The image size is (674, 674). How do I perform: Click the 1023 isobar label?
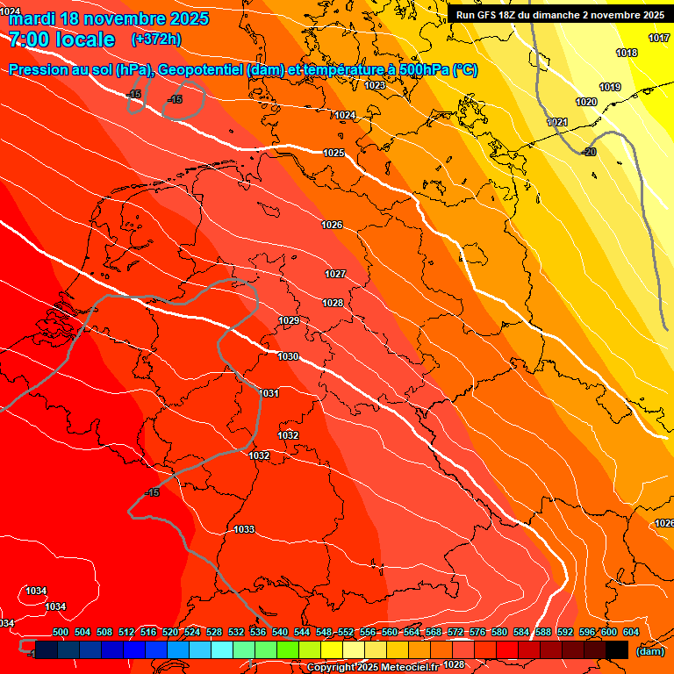[375, 85]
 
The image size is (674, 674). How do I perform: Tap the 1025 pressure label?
[333, 153]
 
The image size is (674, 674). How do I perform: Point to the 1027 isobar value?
[335, 274]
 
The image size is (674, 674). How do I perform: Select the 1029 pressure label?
[289, 320]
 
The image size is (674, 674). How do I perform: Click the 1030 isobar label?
[288, 356]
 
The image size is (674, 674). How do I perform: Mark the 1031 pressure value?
[269, 393]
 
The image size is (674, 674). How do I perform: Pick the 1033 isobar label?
[244, 529]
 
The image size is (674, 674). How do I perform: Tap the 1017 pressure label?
[659, 38]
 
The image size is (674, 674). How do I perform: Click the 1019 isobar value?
[610, 87]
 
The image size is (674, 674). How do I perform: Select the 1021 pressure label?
[557, 122]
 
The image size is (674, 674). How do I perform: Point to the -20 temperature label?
[589, 152]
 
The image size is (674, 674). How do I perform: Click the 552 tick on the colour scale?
[346, 632]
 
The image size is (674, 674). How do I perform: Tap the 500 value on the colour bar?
[61, 632]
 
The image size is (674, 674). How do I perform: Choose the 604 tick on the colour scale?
[631, 632]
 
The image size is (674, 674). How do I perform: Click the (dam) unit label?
[650, 651]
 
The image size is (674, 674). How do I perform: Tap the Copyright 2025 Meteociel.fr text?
[372, 667]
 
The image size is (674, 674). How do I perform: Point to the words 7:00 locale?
[61, 39]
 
